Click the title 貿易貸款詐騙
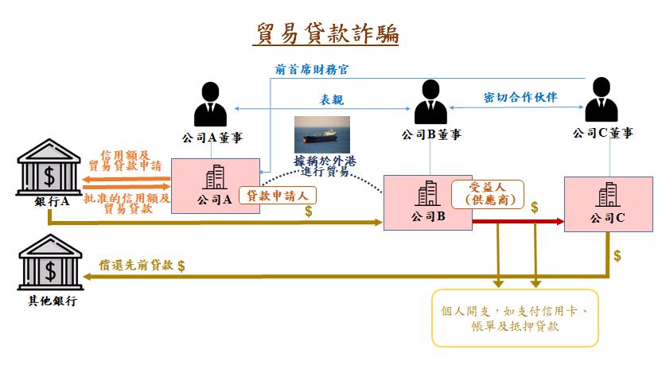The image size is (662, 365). tap(328, 33)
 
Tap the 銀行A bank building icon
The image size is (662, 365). tap(49, 167)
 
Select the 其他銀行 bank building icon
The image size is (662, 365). tap(50, 262)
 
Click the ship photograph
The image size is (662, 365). tap(322, 134)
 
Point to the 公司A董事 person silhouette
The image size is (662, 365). tap(210, 104)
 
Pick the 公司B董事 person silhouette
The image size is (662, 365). tap(430, 102)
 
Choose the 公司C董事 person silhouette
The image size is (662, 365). tap(602, 99)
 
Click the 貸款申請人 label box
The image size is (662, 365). tap(278, 196)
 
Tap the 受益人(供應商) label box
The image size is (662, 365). tap(488, 194)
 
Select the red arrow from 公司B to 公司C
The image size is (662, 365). tap(518, 222)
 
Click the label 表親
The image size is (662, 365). tap(332, 99)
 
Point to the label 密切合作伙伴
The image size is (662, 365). tap(520, 97)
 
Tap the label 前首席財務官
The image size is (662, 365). tap(312, 70)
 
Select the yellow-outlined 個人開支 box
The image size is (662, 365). tap(515, 318)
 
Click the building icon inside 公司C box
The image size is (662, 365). tap(609, 195)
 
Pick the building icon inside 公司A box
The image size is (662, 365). tap(215, 177)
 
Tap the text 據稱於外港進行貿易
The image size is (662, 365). tap(325, 166)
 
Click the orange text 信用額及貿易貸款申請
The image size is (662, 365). tap(125, 161)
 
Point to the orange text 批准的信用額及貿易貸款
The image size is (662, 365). tap(127, 204)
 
